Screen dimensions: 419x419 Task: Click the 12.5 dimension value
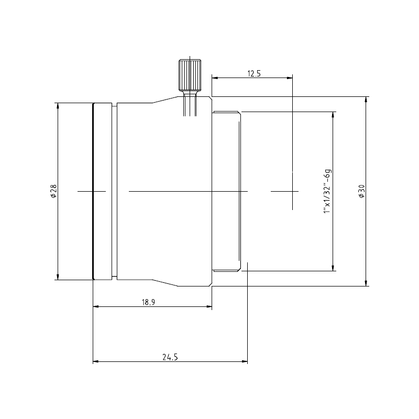coord(254,73)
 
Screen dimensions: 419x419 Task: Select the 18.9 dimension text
coord(148,302)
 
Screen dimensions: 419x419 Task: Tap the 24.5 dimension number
coord(170,357)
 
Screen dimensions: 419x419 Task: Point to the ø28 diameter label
coord(53,191)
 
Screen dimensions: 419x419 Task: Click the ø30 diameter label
coord(361,191)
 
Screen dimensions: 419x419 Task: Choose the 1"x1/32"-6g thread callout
coord(327,191)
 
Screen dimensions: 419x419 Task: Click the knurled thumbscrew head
coord(190,75)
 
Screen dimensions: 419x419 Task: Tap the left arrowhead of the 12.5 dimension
coord(215,78)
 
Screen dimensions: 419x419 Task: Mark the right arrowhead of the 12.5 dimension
coord(290,78)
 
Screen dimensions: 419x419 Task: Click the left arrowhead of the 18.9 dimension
coord(96,306)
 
